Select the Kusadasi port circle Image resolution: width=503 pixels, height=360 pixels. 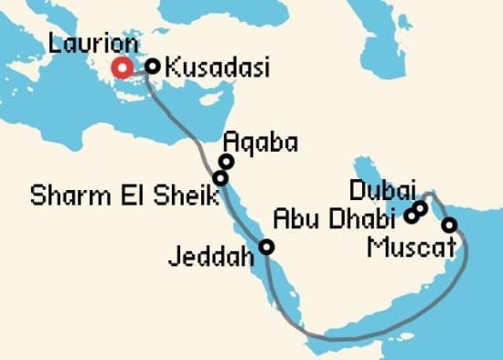pos(153,66)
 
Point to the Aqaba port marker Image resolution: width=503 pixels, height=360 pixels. pos(226,162)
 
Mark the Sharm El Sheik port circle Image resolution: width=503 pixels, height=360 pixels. pos(219,177)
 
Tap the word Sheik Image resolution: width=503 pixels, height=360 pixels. pos(180,196)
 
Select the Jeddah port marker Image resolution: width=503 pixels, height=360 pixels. pos(266,247)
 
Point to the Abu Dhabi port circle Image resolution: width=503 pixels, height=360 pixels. pos(412,217)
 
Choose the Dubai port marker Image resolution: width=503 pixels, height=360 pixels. pos(421,208)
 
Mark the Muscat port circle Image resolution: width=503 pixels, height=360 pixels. pos(449,225)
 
